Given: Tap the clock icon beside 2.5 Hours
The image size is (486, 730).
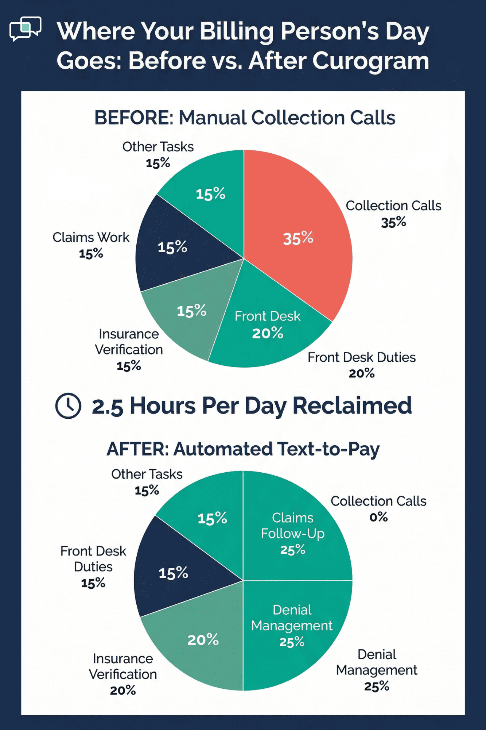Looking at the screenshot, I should pyautogui.click(x=68, y=406).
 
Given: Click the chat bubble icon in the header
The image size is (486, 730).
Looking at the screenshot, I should pyautogui.click(x=25, y=28).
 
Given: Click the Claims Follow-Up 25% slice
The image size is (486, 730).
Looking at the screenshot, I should pyautogui.click(x=293, y=533).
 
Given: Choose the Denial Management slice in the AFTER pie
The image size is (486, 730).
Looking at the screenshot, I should pyautogui.click(x=292, y=626).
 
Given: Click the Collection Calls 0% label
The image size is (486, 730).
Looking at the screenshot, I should pyautogui.click(x=378, y=509).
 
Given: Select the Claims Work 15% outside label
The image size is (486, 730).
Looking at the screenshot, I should pyautogui.click(x=91, y=245).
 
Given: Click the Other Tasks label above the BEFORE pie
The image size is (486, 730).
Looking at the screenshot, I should pyautogui.click(x=158, y=147).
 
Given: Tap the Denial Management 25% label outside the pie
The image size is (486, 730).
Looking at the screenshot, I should pyautogui.click(x=377, y=670).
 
